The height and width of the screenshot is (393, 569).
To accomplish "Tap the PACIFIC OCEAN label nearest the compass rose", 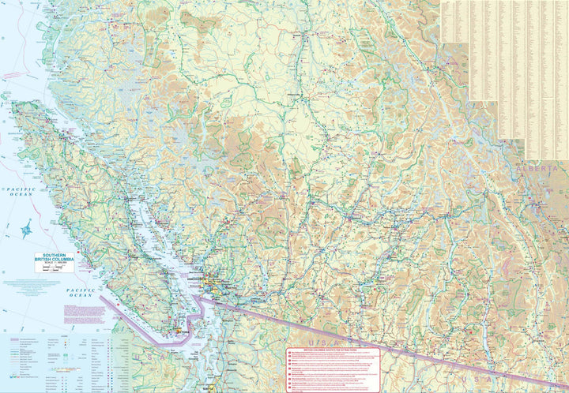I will click(x=17, y=193).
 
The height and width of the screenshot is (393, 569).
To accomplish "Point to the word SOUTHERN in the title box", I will click(x=54, y=255).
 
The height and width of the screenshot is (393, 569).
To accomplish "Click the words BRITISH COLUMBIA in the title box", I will click(x=54, y=260).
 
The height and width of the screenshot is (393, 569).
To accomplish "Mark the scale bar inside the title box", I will click(x=54, y=269).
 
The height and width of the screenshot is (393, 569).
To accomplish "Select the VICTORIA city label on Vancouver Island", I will click(x=183, y=335).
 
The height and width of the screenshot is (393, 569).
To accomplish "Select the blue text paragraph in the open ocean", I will click(x=24, y=285).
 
